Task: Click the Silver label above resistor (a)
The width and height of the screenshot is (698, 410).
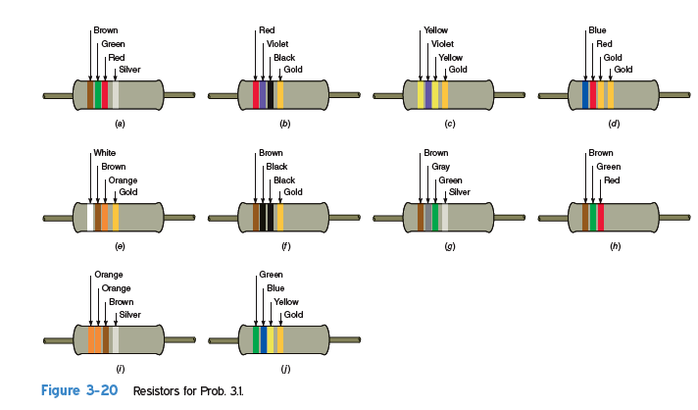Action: tap(129, 70)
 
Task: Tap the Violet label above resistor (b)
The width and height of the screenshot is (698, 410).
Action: tap(277, 44)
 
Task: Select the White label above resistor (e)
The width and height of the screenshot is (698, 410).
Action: tap(104, 153)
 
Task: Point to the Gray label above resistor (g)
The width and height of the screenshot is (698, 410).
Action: tap(441, 167)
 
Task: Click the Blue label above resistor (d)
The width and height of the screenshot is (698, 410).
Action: tap(597, 31)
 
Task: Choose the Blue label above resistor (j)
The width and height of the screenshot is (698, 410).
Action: tap(275, 288)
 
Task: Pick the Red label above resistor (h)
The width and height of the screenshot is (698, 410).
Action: tap(612, 180)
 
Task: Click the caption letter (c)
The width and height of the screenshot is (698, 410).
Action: tap(450, 124)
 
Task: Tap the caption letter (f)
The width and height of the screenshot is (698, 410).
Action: tap(285, 246)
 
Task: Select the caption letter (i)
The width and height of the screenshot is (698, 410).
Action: tap(120, 368)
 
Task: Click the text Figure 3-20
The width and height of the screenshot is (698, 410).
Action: tap(79, 391)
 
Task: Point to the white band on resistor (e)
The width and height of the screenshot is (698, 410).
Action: tap(91, 217)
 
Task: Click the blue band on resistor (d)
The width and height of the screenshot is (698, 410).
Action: tap(585, 95)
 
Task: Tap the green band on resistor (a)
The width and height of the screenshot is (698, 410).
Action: tap(98, 95)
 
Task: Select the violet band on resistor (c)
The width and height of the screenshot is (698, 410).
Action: tap(428, 95)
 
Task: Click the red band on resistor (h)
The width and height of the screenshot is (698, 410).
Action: tap(600, 217)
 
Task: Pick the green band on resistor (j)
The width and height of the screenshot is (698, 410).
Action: tap(256, 339)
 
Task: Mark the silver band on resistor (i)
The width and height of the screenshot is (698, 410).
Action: tap(116, 339)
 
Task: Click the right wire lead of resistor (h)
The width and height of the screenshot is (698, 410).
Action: tap(673, 217)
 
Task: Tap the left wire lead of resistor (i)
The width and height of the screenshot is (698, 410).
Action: tap(58, 340)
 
